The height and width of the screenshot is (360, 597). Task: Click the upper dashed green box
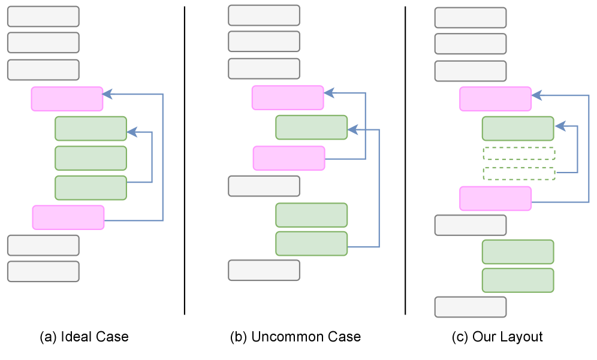click(518, 154)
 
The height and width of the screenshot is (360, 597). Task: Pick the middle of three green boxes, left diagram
click(91, 158)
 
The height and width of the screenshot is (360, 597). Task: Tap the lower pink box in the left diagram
click(68, 217)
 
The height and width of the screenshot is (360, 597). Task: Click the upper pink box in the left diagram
click(67, 99)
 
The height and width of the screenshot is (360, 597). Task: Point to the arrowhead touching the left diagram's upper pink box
click(107, 94)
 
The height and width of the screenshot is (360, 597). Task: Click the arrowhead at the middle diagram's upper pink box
click(329, 93)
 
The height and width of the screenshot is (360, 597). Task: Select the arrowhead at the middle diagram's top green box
click(352, 129)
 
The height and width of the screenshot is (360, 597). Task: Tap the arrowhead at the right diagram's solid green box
click(559, 126)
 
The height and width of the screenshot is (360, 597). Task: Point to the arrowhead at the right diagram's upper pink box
click(536, 95)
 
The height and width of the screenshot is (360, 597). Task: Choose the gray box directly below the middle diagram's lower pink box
click(264, 186)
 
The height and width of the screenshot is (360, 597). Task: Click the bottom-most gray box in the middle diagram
click(264, 270)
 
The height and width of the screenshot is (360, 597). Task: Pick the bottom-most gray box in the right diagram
click(471, 307)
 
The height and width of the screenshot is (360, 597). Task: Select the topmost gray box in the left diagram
click(43, 17)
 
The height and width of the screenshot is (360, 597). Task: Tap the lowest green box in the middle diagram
click(311, 243)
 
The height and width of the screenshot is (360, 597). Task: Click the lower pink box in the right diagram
click(495, 199)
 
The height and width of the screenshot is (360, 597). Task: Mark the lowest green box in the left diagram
click(91, 187)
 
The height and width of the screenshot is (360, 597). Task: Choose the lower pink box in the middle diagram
click(289, 158)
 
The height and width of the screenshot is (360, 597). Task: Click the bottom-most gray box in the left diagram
click(43, 271)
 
